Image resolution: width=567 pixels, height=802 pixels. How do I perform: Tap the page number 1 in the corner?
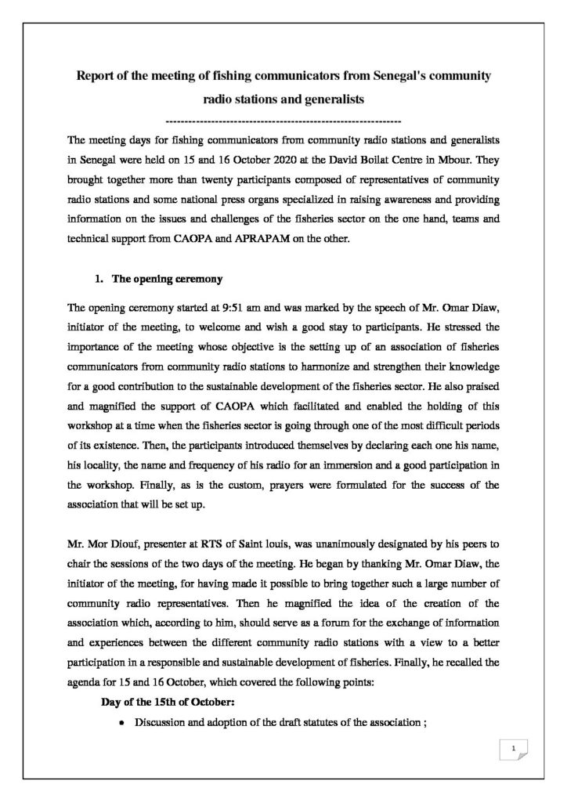pos(512,750)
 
